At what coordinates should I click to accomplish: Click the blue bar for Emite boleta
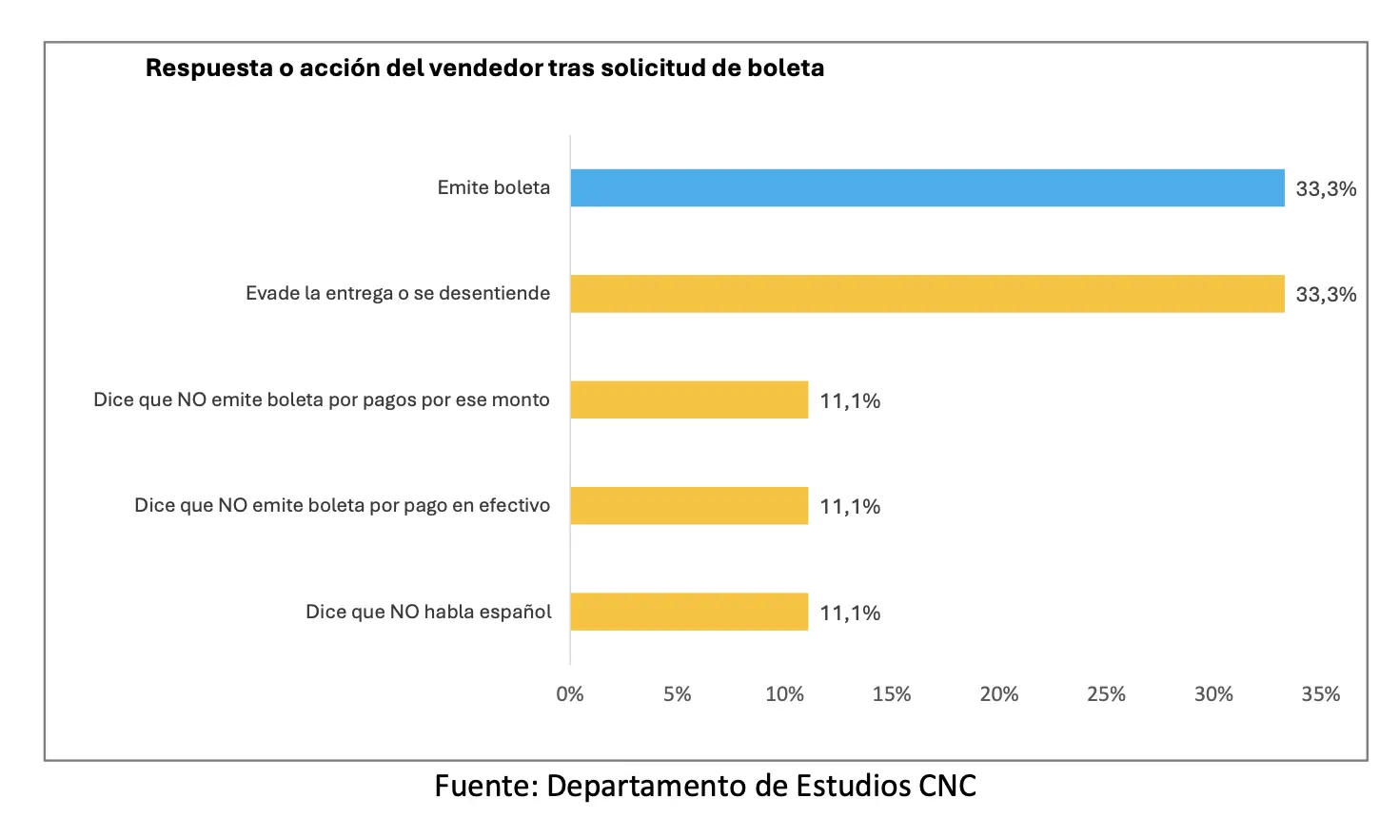tap(927, 188)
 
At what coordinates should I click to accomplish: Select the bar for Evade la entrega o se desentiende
tap(927, 294)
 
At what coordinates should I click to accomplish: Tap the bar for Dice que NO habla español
tap(689, 612)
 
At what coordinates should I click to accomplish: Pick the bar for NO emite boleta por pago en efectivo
tap(689, 506)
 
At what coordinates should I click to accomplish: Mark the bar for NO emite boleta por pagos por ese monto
tap(689, 399)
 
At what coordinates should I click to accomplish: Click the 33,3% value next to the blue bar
tap(1326, 189)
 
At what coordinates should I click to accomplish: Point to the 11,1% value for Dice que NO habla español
tap(850, 613)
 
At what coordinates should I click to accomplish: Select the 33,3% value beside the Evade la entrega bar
tap(1326, 295)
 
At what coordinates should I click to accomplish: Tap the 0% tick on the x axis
tap(570, 694)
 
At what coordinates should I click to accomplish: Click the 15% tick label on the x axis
tap(892, 694)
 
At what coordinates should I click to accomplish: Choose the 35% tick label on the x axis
tap(1320, 694)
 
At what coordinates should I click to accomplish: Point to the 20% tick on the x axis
tap(998, 694)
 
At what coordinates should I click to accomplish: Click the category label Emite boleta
tap(493, 188)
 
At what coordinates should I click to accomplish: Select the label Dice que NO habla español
tap(428, 612)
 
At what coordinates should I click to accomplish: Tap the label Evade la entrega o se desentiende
tap(398, 294)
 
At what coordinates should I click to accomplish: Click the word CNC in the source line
tap(947, 787)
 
